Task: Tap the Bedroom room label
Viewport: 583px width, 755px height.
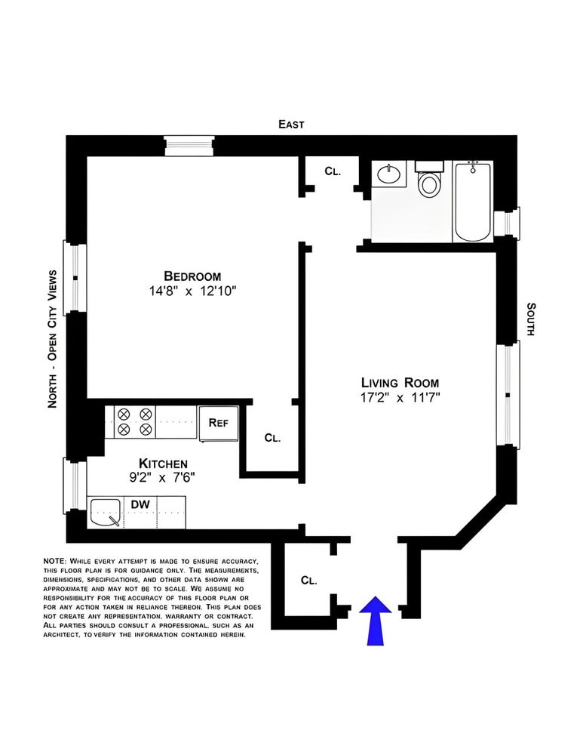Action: (193, 276)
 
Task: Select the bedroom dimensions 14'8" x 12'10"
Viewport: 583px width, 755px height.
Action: (193, 291)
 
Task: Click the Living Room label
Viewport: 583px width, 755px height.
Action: (399, 382)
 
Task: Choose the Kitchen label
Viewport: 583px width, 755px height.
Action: (162, 463)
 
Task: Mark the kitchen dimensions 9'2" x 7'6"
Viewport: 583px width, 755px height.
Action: (162, 477)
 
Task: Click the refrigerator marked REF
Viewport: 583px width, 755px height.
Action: (218, 422)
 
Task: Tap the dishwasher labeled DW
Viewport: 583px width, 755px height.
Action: (140, 504)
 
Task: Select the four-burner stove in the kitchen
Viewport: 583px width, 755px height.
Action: (135, 421)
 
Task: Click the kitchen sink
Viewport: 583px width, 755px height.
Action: (105, 513)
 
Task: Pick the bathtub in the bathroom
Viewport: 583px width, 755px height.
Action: (472, 200)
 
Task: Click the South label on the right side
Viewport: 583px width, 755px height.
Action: (531, 319)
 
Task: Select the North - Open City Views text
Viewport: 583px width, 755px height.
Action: (53, 339)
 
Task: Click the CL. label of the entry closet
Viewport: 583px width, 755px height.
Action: (308, 581)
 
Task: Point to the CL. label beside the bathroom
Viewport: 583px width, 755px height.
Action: (333, 171)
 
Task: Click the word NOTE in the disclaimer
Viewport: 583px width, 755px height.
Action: (55, 562)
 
